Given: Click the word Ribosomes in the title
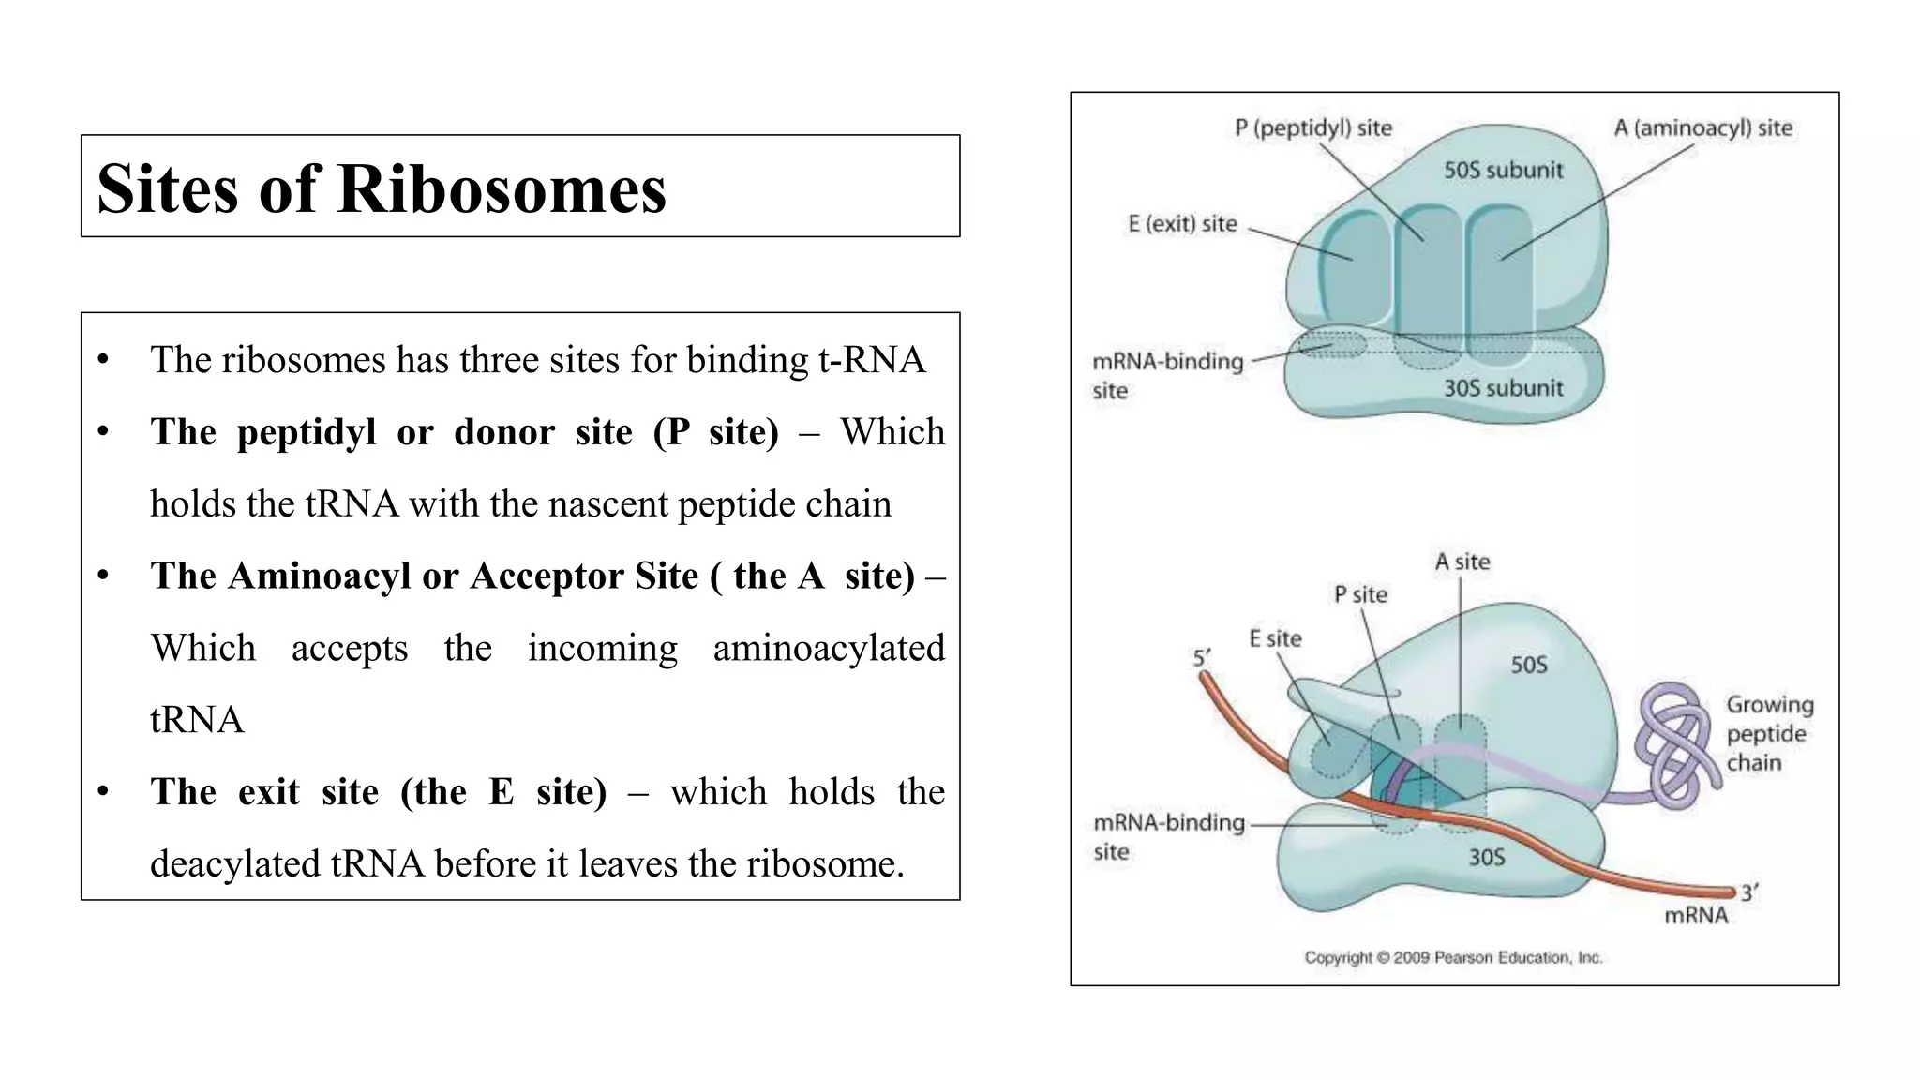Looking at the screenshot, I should coord(502,189).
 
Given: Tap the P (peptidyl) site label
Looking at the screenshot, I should coord(1312,127).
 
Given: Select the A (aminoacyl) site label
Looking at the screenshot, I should coord(1702,127).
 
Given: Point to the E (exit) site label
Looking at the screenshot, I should coord(1182,224).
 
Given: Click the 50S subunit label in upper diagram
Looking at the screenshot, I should coord(1503,171).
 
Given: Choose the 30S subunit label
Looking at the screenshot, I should coord(1503,388).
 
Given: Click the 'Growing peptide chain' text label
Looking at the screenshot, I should coord(1769,733).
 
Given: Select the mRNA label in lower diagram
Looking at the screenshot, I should coord(1696,915).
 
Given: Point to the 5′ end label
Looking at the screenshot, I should coord(1202,658).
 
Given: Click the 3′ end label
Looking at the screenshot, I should coord(1749,892).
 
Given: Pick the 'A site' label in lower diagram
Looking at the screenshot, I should coord(1462,562).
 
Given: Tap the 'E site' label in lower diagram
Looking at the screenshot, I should coord(1275,638).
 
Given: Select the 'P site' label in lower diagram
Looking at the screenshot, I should coord(1360,594).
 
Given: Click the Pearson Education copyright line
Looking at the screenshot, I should coord(1453,957).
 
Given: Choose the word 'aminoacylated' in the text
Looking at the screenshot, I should coord(829,649).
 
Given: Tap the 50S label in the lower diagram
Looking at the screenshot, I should coord(1528,665).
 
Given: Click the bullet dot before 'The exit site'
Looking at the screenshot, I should coord(103,792).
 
